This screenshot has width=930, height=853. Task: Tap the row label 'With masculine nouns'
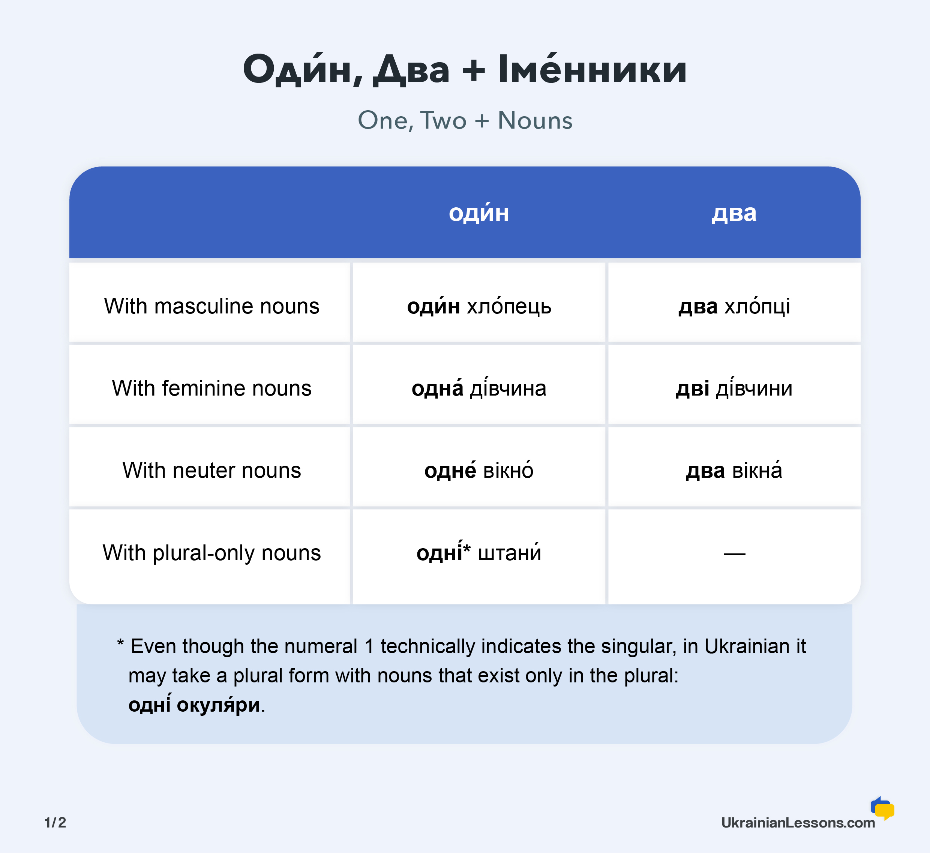coord(211,306)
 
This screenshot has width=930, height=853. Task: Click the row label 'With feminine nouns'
coord(211,388)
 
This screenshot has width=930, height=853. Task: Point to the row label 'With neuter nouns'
coord(211,470)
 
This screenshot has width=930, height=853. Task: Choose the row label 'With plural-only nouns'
coord(211,553)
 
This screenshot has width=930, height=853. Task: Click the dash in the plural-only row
coord(734,554)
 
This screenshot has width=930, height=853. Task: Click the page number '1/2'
coord(55,823)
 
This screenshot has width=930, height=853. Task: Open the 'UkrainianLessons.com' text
coord(798,823)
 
